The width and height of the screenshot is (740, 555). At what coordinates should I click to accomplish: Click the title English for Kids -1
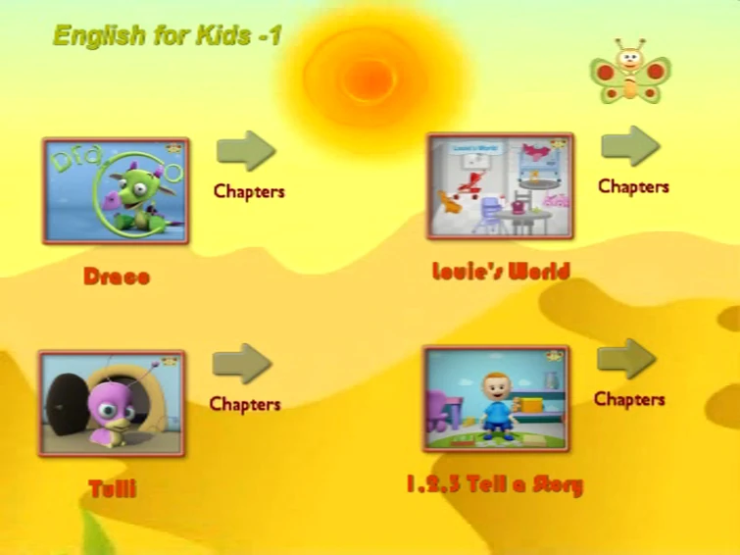(167, 36)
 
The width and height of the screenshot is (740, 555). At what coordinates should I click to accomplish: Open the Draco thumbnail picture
(116, 191)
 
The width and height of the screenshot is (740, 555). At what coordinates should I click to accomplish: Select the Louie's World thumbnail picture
(500, 186)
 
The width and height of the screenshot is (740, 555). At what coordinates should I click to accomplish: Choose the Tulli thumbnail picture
(112, 403)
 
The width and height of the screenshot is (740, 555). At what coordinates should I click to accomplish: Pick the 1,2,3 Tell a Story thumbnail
(496, 398)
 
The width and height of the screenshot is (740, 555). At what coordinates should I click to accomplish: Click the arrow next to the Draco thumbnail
(246, 150)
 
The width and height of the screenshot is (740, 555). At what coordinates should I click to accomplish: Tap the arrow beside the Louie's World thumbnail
(629, 145)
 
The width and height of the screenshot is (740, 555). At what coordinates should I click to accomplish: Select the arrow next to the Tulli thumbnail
(242, 363)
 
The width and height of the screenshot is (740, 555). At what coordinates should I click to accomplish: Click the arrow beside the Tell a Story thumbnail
(626, 359)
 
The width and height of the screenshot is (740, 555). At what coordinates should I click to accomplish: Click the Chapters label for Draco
(249, 191)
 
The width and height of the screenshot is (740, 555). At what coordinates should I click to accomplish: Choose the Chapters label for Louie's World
(633, 186)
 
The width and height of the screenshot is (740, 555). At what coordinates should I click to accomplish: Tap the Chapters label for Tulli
(245, 404)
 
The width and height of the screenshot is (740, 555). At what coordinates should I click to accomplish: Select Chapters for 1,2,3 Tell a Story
(629, 399)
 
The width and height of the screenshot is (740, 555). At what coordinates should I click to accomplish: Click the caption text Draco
(117, 277)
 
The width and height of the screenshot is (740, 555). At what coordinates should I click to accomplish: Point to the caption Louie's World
(501, 271)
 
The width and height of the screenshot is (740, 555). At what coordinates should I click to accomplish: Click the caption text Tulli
(113, 488)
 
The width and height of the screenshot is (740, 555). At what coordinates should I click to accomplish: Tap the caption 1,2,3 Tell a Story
(495, 484)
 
